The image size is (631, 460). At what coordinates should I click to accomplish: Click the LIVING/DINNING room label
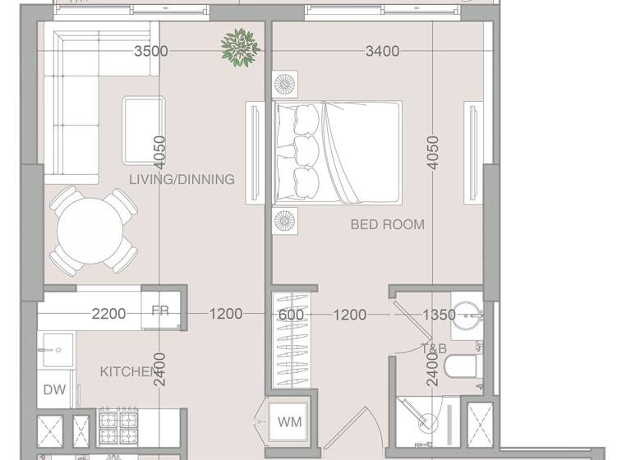pos(182,179)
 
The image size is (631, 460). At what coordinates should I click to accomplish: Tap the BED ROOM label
pos(388,224)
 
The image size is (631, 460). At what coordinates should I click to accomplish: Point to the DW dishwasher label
pos(54,390)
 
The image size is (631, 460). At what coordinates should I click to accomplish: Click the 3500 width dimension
pos(150,51)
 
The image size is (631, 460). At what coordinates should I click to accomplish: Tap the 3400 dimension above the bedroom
pos(382,51)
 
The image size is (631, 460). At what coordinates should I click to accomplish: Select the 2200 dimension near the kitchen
pos(108,314)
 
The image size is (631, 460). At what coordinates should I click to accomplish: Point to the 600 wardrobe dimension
pos(291,314)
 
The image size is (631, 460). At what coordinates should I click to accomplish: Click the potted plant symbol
pos(241,47)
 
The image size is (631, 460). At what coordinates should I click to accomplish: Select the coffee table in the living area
pos(143,130)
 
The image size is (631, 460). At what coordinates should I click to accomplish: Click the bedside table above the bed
pos(286,85)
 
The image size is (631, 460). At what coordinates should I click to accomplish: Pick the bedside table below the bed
pos(286,221)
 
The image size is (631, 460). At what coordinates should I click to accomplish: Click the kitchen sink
pos(56,349)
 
